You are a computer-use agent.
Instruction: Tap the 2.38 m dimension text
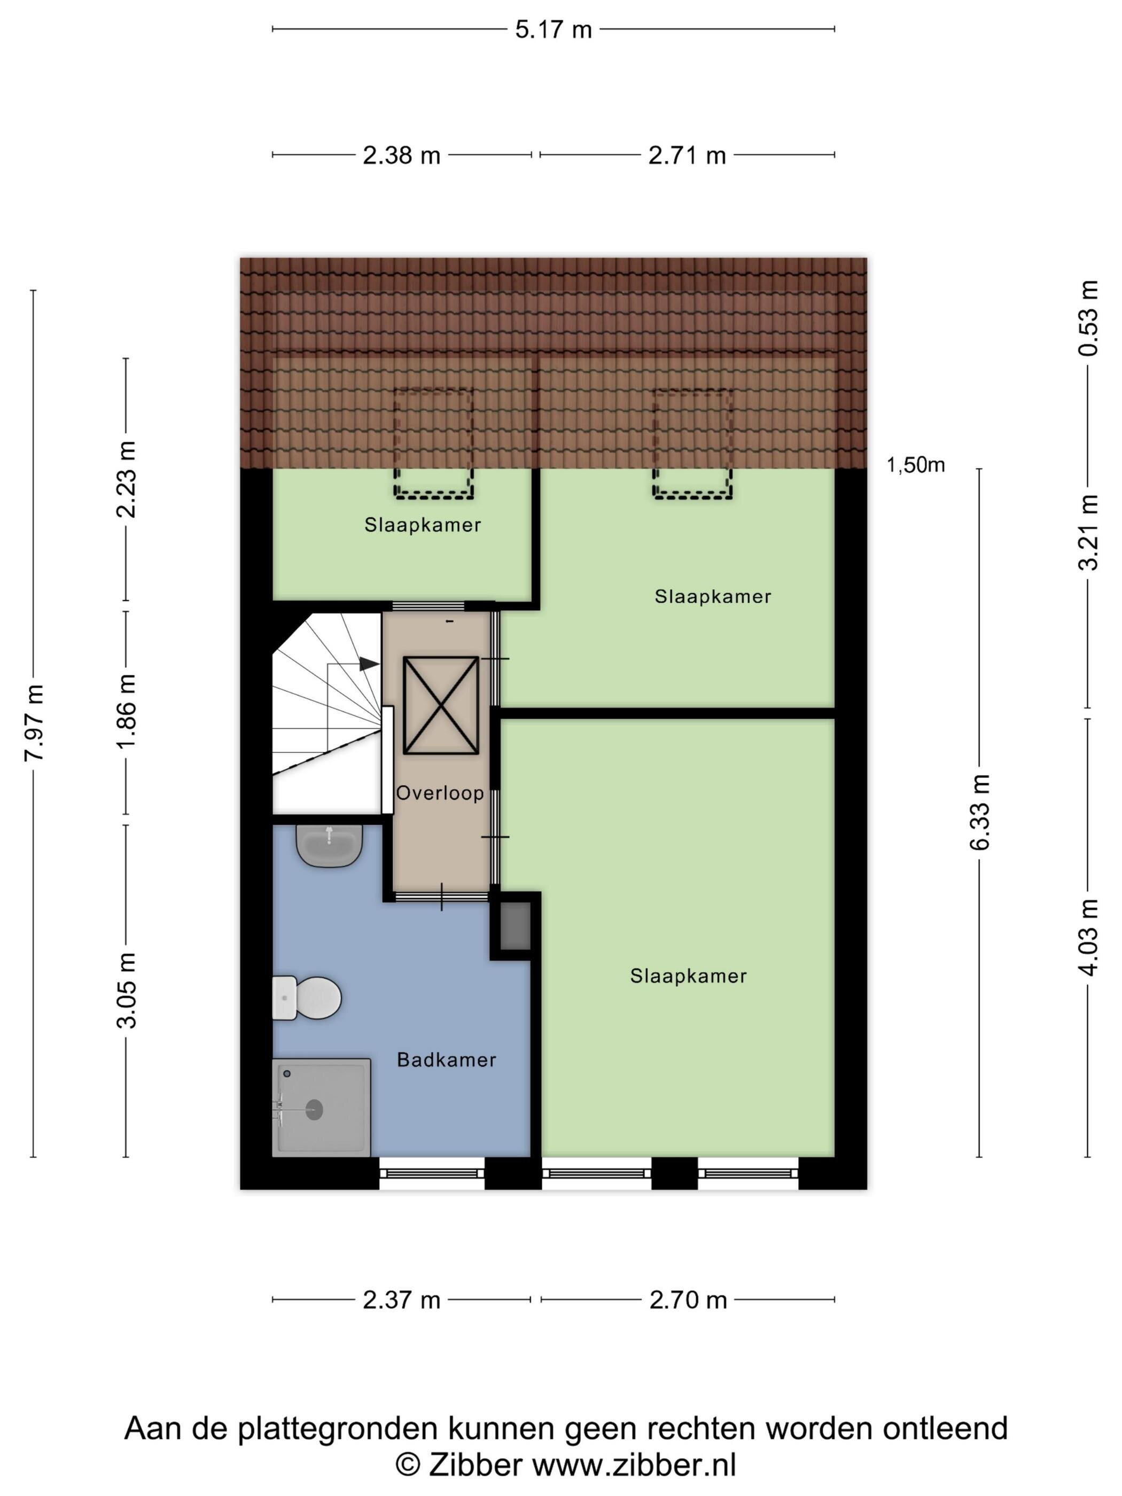[401, 155]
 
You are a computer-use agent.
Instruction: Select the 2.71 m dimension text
[687, 155]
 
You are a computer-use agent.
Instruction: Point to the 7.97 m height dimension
[34, 722]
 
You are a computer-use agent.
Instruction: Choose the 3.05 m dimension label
[127, 991]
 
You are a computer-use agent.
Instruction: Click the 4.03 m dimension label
[1089, 937]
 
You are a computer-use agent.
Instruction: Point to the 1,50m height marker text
[915, 465]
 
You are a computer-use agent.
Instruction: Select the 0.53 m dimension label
[1089, 318]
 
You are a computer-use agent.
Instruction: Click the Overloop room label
[440, 793]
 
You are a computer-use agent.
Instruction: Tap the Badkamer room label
[446, 1060]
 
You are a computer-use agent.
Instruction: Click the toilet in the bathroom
[306, 998]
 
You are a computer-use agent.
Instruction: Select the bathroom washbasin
[329, 845]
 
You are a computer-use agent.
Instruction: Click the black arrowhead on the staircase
[369, 664]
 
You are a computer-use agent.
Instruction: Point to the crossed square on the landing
[441, 705]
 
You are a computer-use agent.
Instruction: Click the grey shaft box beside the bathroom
[516, 926]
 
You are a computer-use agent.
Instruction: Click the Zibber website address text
[634, 1465]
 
